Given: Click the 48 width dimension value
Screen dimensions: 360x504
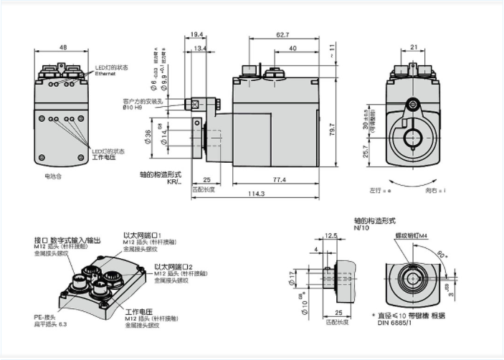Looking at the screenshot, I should tap(63, 47).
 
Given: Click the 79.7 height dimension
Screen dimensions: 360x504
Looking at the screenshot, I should tap(333, 132).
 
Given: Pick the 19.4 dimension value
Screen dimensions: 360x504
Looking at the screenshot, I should tap(199, 34).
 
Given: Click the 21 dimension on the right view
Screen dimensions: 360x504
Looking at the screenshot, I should tap(414, 47).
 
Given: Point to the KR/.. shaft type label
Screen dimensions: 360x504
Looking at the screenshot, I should tap(174, 182).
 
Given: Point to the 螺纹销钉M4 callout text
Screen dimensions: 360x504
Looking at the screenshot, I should tap(412, 235).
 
